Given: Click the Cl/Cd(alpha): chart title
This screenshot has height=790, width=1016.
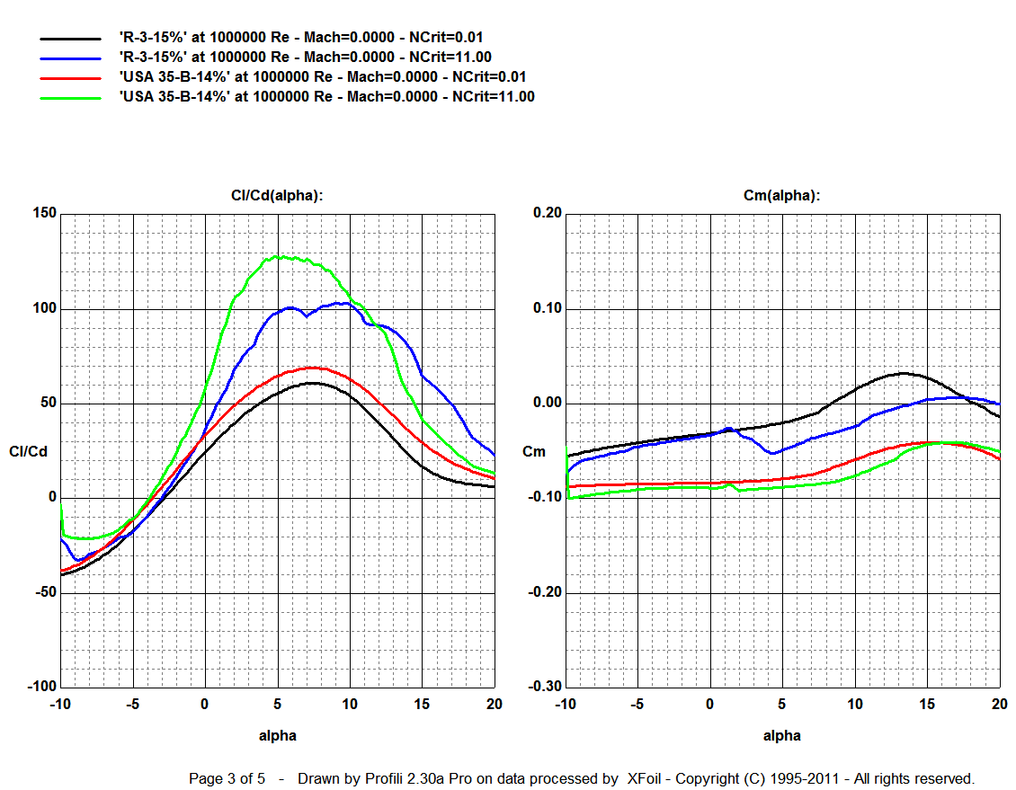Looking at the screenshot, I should [278, 195].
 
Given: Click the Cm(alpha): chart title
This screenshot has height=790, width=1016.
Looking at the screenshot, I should [782, 195].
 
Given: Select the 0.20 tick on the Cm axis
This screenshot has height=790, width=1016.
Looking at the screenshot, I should [547, 214].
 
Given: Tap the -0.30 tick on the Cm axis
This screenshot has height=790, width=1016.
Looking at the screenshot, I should [544, 688].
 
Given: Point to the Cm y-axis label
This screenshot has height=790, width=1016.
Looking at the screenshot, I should [534, 451].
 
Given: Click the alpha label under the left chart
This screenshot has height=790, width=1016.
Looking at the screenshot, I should [278, 735].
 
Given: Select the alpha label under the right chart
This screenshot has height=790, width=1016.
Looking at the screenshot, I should [782, 735].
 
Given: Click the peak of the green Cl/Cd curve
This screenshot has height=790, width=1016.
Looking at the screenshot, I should [281, 256].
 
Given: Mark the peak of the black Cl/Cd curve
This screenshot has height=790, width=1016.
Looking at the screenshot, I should [310, 383].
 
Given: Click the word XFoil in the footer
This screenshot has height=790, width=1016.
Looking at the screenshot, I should [646, 778].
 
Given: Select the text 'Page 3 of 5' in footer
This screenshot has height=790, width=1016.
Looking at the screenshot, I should [227, 778].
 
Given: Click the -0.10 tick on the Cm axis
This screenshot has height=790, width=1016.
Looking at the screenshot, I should [544, 498].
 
